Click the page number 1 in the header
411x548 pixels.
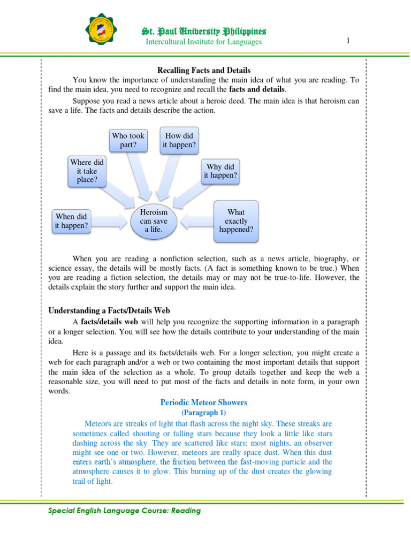[x=348, y=41]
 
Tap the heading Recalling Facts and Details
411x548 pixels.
[x=203, y=70]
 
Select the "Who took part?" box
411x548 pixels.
[x=128, y=140]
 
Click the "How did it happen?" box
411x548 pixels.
[x=180, y=140]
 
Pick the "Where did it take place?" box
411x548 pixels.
[x=87, y=171]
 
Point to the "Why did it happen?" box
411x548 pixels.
[x=220, y=171]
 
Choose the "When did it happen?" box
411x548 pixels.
[x=71, y=221]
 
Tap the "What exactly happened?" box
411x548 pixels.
[x=236, y=221]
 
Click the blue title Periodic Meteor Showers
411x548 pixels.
[x=204, y=402]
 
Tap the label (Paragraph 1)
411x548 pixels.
[x=204, y=412]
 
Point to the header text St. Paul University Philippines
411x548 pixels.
[x=203, y=32]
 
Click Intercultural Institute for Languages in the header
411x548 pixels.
[x=204, y=42]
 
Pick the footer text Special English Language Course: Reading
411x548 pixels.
[x=125, y=511]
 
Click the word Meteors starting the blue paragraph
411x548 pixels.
[x=100, y=422]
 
